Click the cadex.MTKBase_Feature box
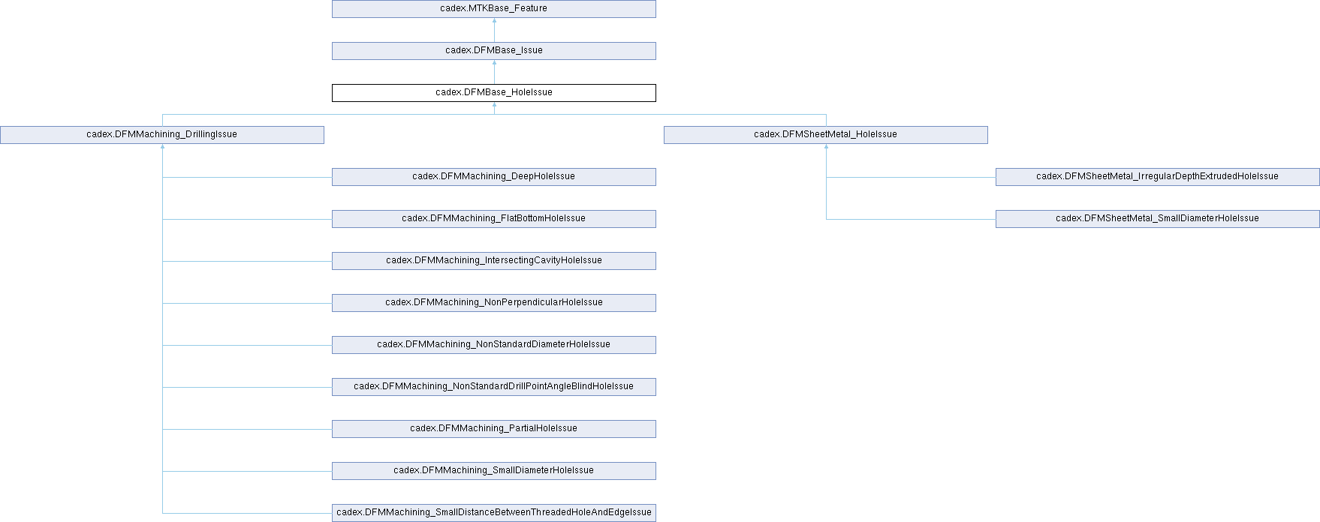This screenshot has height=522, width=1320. tap(493, 9)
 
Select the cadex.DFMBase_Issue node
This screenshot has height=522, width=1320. tap(493, 51)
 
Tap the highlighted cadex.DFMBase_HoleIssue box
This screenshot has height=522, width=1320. tap(493, 93)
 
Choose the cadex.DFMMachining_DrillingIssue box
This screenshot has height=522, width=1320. tap(161, 135)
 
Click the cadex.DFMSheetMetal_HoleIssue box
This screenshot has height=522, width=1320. tap(825, 135)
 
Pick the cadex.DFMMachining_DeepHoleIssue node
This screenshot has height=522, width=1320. tap(493, 177)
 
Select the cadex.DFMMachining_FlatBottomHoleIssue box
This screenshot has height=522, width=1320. tap(493, 219)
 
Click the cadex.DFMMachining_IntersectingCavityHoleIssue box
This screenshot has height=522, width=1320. tap(493, 261)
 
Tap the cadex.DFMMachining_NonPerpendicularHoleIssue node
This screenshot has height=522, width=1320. tap(493, 303)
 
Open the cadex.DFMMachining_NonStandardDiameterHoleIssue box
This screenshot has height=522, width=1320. tap(493, 345)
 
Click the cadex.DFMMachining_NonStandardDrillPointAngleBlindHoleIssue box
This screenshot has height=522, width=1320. tap(493, 387)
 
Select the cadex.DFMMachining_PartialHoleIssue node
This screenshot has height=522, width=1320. tap(493, 429)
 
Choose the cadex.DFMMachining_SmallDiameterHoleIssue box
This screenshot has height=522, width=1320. tap(493, 471)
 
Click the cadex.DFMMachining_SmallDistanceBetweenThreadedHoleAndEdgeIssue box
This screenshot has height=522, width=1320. tap(493, 513)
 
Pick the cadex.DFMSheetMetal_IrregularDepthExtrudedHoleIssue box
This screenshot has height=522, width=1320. tap(1157, 177)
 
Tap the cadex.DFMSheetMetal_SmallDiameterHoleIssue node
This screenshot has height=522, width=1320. tap(1157, 219)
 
